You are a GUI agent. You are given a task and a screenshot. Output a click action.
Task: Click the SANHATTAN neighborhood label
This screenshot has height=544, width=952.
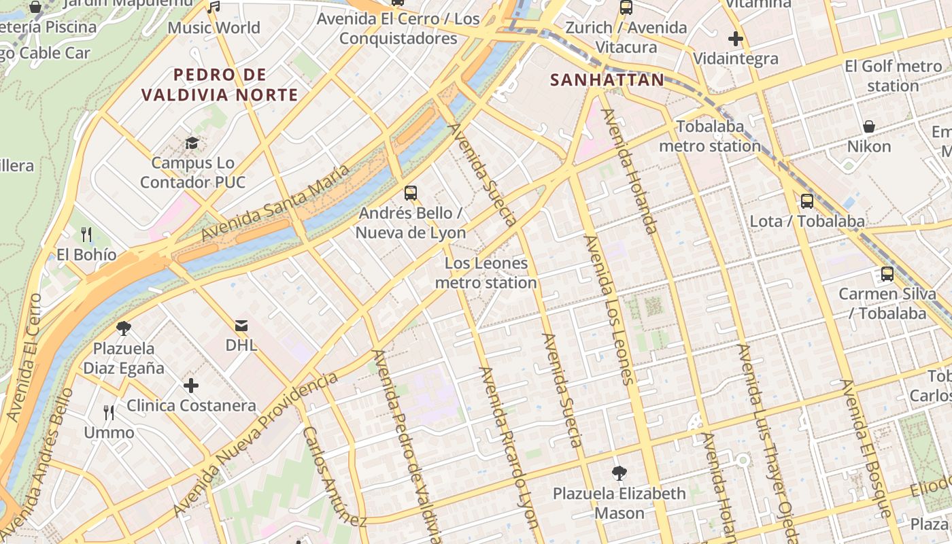pyautogui.click(x=607, y=80)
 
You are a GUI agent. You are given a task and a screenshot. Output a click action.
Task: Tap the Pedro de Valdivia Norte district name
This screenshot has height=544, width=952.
pyautogui.click(x=219, y=84)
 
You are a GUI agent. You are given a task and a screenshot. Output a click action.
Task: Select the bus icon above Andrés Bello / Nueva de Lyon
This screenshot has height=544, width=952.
pyautogui.click(x=410, y=192)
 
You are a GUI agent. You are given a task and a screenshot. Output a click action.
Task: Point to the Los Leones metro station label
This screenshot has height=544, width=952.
pyautogui.click(x=486, y=273)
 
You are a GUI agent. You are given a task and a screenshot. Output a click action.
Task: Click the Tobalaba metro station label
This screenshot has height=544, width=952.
pyautogui.click(x=710, y=136)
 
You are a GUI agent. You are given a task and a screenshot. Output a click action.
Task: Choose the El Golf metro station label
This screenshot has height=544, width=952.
pyautogui.click(x=893, y=76)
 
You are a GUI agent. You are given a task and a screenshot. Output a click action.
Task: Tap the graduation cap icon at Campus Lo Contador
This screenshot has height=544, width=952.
pyautogui.click(x=192, y=143)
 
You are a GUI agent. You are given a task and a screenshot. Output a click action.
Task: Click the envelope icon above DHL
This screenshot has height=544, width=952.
pyautogui.click(x=241, y=325)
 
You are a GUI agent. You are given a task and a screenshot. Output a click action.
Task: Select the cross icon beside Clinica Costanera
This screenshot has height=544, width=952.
pyautogui.click(x=191, y=386)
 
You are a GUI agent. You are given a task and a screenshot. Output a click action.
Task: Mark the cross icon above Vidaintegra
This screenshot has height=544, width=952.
pyautogui.click(x=735, y=39)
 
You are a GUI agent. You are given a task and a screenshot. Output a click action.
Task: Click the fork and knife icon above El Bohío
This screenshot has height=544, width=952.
pyautogui.click(x=86, y=235)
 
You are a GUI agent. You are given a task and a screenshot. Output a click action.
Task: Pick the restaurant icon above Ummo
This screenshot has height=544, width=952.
pyautogui.click(x=109, y=412)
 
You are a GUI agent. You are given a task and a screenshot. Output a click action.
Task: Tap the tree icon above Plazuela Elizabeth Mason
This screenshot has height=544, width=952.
pyautogui.click(x=619, y=473)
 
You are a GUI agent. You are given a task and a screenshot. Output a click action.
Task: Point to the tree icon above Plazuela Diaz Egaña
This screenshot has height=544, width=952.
pyautogui.click(x=124, y=328)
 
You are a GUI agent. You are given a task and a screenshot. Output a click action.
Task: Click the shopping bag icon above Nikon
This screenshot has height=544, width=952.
pyautogui.click(x=868, y=126)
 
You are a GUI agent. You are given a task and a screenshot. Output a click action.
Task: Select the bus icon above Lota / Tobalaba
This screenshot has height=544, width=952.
pyautogui.click(x=806, y=201)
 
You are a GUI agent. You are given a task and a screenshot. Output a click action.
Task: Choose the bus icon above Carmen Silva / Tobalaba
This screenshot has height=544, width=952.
pyautogui.click(x=887, y=274)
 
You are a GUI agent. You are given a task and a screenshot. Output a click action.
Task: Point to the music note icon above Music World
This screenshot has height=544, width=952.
pyautogui.click(x=214, y=7)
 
